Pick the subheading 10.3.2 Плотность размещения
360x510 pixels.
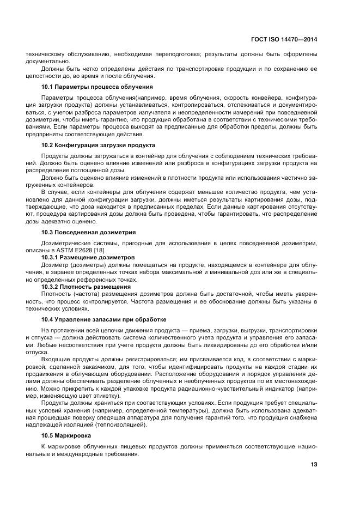(x=86, y=287)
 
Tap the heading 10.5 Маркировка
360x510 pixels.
(x=68, y=436)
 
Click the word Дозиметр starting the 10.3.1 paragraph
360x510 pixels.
(x=55, y=264)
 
